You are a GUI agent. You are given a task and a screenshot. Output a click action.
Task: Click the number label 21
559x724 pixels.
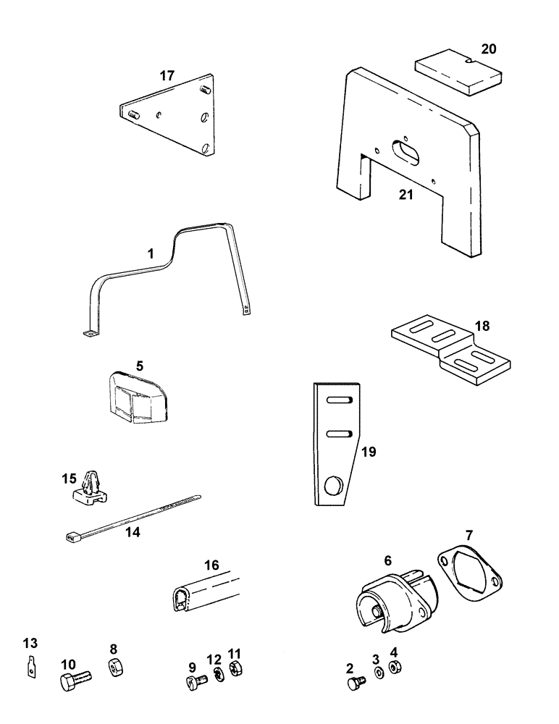(406, 194)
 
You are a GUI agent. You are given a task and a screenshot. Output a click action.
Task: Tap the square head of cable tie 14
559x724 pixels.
(71, 537)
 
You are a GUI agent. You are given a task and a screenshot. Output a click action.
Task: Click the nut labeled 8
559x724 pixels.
(114, 667)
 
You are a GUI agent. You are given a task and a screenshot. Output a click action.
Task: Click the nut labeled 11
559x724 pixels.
(235, 669)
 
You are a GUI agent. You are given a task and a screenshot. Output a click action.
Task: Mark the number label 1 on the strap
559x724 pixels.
(151, 254)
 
